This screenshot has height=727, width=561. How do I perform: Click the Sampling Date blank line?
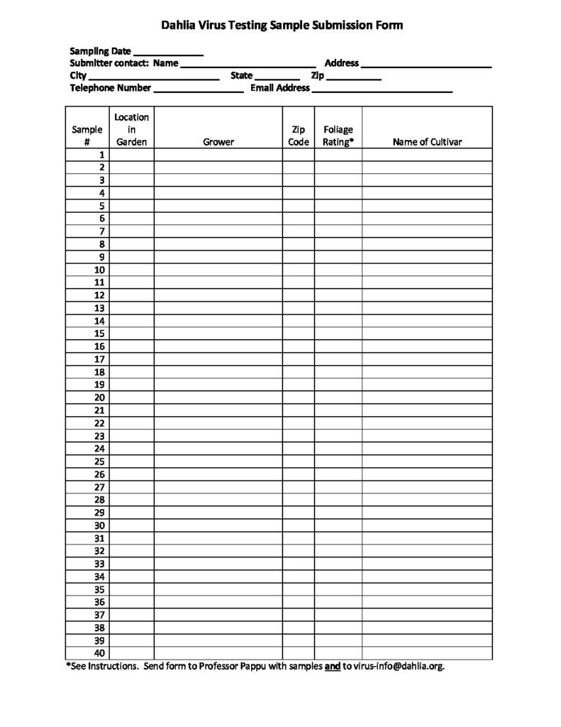(168, 53)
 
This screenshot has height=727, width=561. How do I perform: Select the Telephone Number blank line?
(198, 89)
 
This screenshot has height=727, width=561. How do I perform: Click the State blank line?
(277, 77)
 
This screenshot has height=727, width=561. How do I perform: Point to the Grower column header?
(218, 142)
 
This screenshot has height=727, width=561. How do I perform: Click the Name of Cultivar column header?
(427, 142)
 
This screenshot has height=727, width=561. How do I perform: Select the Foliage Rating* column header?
(338, 136)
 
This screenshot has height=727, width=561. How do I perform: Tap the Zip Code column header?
(299, 136)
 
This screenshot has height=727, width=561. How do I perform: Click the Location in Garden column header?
(132, 129)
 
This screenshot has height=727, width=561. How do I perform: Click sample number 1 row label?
(102, 154)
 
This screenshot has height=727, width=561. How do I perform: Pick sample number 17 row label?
(100, 359)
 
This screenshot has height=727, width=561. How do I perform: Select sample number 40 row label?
(99, 653)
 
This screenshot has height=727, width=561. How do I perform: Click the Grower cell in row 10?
(218, 270)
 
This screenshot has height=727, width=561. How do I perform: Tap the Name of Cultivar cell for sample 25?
(427, 461)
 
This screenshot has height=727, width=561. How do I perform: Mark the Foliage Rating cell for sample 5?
(338, 206)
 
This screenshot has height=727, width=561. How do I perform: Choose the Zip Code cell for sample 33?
(299, 564)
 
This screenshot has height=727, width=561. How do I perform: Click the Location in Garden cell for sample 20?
(132, 398)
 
